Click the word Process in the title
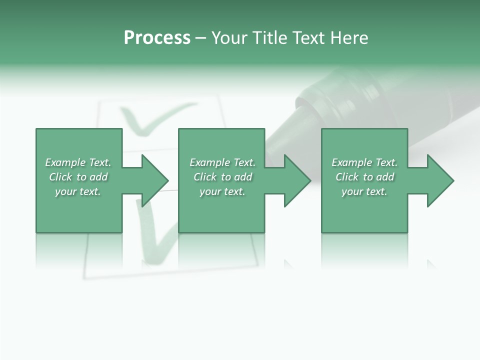pos(157,38)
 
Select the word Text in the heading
pos(307,38)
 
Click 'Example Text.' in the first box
pos(78,162)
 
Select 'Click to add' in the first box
pos(78,177)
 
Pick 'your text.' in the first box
pos(78,191)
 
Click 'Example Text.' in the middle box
pos(222,162)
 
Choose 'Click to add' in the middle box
pos(222,177)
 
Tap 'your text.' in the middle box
pos(222,191)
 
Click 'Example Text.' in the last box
pos(364,162)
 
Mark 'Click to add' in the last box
pos(364,177)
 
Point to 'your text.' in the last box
pos(364,191)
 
